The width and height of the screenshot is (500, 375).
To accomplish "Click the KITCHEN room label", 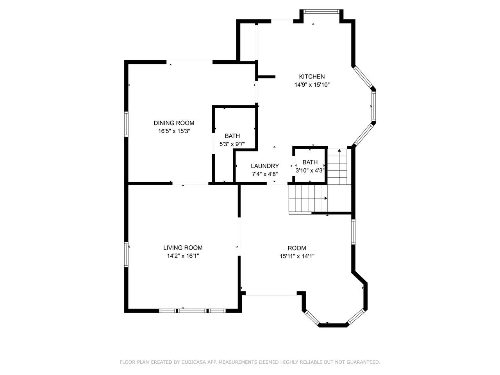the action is pos(312,77).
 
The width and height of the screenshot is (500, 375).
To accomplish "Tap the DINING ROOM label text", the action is pos(174,123).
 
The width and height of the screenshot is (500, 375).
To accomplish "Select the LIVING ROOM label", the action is pos(183,248).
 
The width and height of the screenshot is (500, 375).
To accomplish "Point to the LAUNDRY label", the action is pos(265,166).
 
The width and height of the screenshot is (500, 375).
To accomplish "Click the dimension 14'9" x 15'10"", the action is pos(312,85).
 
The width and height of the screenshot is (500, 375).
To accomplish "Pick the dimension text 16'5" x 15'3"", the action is pos(174,131).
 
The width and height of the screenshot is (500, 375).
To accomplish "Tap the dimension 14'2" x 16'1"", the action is pos(183,256).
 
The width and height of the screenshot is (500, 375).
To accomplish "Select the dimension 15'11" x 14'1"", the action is pos(297,256).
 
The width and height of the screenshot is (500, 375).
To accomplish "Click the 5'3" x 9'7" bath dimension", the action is pos(232,144).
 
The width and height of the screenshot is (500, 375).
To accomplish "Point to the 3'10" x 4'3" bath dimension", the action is pos(310,171).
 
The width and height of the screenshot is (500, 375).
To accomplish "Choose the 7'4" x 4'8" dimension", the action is pos(265,174).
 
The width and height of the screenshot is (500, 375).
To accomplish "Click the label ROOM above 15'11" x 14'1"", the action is pos(297,248).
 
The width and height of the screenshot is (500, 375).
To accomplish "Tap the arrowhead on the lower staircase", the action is pos(326,198).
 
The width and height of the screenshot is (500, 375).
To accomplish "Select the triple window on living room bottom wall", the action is pos(192,311).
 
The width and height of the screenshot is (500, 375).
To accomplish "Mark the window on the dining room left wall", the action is pos(126,124).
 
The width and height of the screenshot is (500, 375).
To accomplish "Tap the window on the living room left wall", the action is pos(126,254).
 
